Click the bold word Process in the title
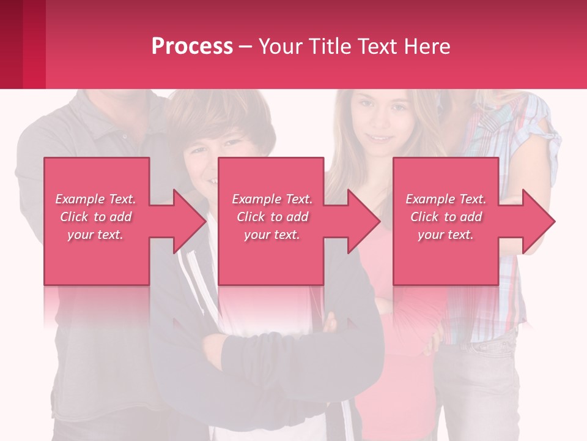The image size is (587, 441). [192, 47]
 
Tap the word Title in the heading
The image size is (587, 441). [329, 47]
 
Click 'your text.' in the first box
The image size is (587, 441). [95, 234]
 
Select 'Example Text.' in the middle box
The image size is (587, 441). [272, 199]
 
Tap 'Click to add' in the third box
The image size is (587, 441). [446, 217]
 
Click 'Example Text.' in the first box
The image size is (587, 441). [95, 199]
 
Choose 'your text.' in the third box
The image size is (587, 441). [446, 235]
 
